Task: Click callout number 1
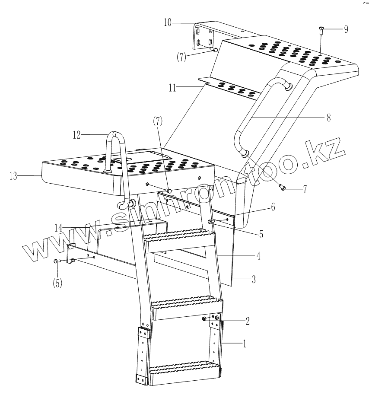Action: pos(245,344)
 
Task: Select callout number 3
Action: pos(254,280)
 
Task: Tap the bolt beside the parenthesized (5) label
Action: pos(56,261)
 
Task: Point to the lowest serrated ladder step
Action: pos(183,371)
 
